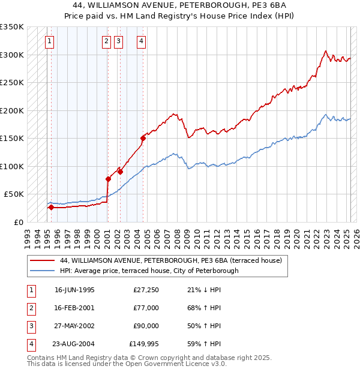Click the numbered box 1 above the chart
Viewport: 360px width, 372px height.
click(x=49, y=41)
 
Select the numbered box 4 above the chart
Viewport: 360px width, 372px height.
click(x=140, y=41)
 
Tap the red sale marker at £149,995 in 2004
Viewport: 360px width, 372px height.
click(x=143, y=138)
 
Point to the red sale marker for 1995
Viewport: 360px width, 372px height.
click(x=51, y=208)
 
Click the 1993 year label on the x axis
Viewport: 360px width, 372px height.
click(x=27, y=235)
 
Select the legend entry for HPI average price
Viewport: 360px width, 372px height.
click(x=149, y=271)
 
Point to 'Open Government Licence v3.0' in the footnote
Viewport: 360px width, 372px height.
click(x=178, y=364)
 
